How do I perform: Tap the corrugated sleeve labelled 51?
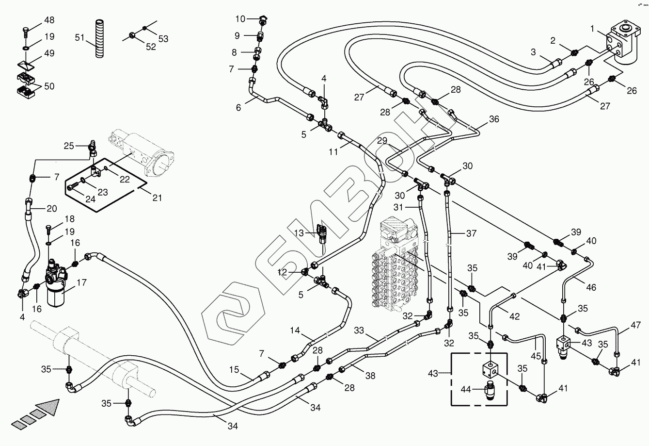[x=99, y=39]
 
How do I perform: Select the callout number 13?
[x=299, y=233]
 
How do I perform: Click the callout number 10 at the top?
[x=241, y=19]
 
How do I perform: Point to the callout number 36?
[x=493, y=119]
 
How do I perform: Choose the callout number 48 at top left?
[x=49, y=20]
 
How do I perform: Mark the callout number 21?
[x=157, y=198]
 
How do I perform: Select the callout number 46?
[x=591, y=287]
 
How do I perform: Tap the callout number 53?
[x=163, y=38]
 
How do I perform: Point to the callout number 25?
[x=69, y=145]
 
